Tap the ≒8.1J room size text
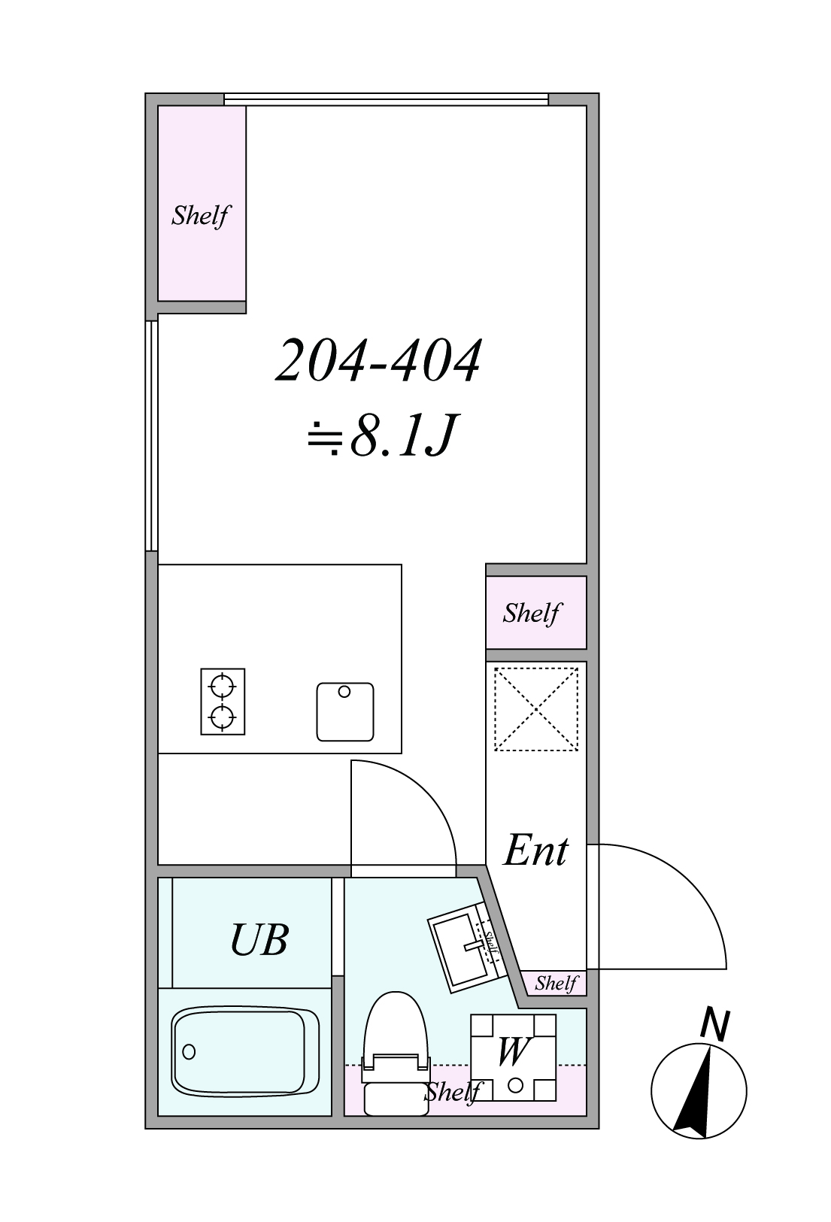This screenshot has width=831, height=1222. point(381,435)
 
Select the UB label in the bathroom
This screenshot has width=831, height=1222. point(259,939)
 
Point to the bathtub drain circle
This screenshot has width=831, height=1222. point(189,1051)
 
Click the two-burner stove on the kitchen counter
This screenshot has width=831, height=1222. point(223,701)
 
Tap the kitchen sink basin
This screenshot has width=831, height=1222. point(345,711)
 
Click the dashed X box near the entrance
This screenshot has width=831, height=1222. point(535,709)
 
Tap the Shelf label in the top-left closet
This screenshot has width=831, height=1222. point(201,216)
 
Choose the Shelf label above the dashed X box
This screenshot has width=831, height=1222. point(532,614)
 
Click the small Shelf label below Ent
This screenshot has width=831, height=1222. point(556,983)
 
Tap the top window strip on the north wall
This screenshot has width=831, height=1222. point(387,99)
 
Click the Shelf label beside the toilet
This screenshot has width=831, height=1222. point(453,1093)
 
